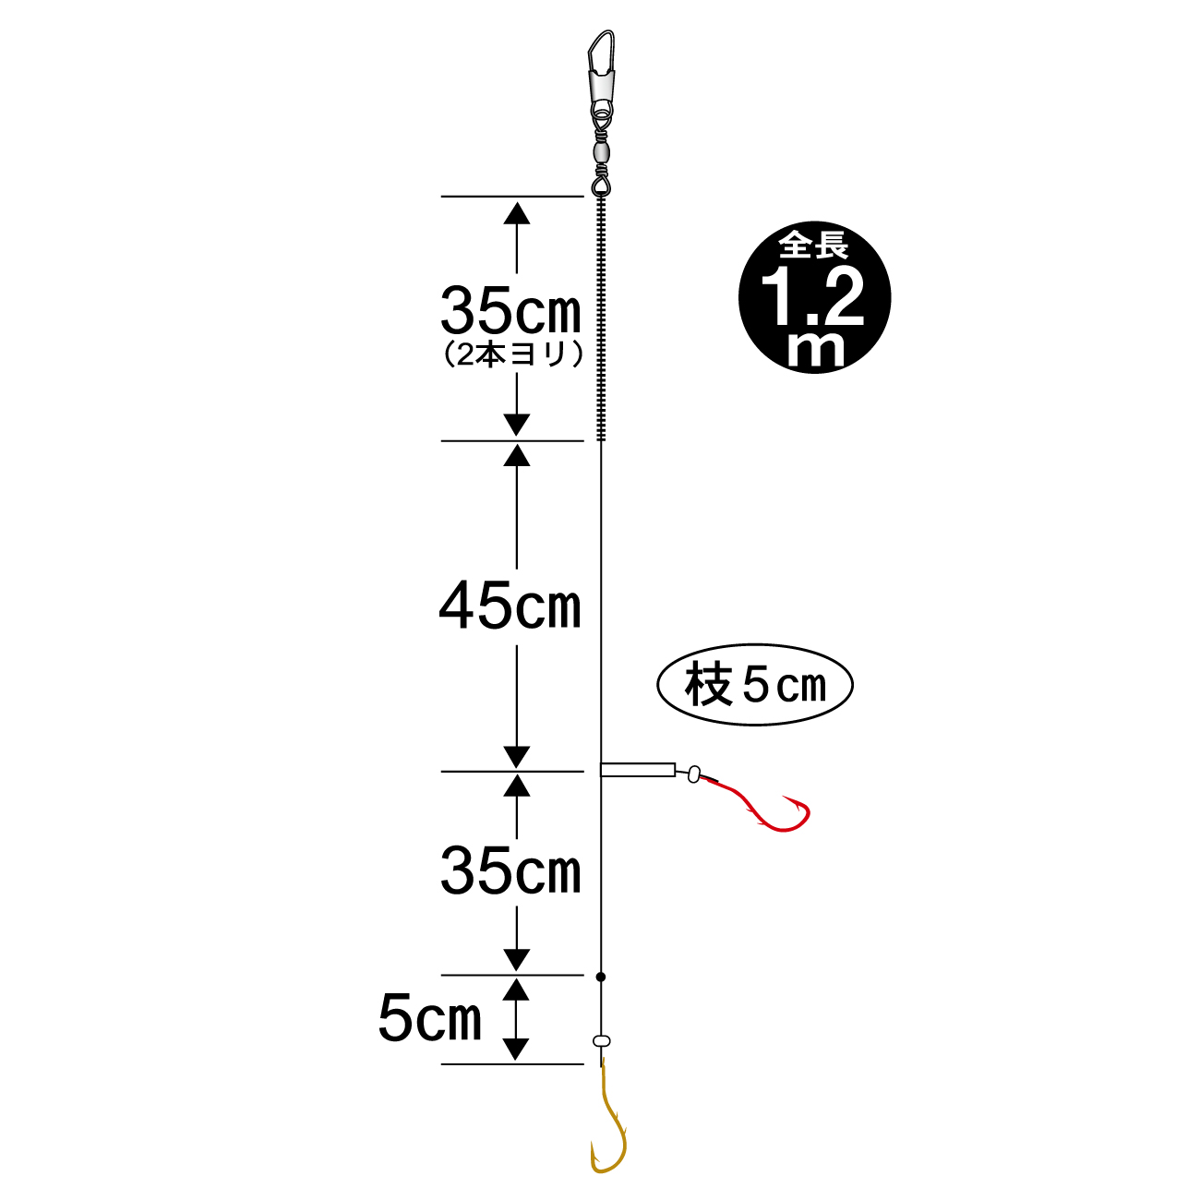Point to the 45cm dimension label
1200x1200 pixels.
tap(510, 605)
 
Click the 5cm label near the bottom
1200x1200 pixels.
tap(430, 1019)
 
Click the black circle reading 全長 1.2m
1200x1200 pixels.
tap(814, 297)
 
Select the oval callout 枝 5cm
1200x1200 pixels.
tap(755, 684)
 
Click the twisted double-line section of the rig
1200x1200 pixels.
tap(601, 318)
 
